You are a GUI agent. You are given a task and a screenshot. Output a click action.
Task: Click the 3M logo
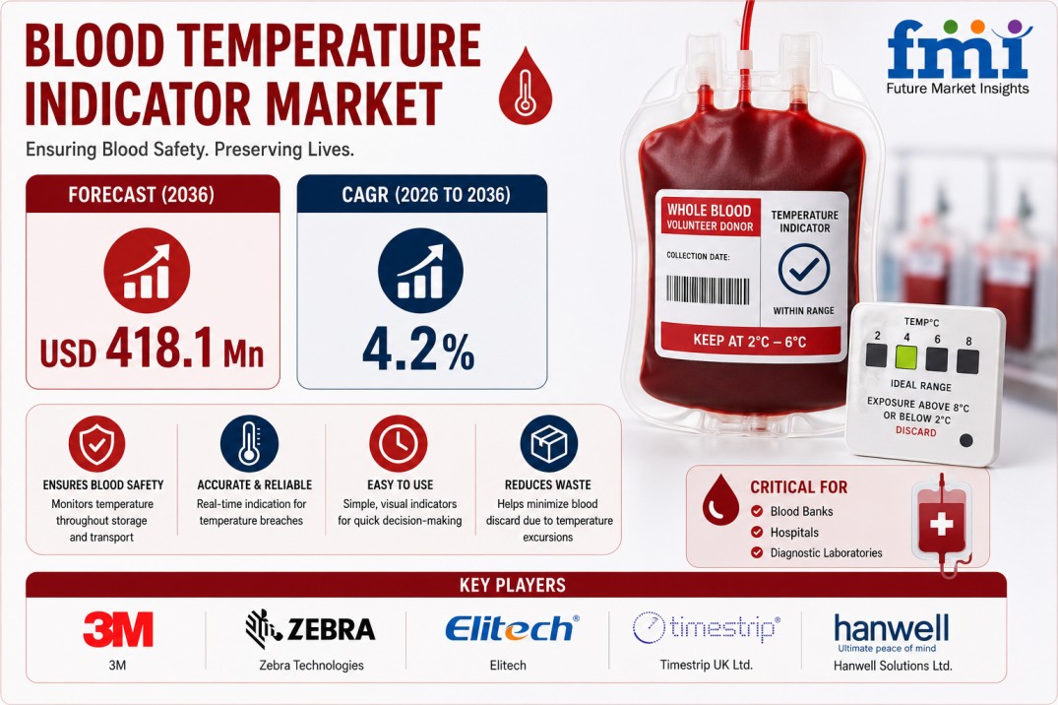118,629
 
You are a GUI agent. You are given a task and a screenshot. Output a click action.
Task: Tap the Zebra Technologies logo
310,629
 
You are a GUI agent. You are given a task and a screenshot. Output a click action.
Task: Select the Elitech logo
512,629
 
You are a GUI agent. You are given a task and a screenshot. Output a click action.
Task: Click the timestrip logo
706,627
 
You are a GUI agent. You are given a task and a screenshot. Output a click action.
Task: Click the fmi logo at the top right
959,57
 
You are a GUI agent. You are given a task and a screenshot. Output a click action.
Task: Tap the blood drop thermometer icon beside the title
525,86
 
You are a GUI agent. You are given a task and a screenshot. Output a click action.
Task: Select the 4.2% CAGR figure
418,350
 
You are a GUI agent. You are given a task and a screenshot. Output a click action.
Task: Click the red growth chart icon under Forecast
147,271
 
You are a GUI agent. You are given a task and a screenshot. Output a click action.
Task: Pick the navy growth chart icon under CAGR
420,270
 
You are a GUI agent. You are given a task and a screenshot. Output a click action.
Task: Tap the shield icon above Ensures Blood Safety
97,443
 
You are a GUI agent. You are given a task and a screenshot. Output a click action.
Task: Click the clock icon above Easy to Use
398,444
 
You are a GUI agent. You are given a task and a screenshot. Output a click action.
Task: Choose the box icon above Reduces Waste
548,444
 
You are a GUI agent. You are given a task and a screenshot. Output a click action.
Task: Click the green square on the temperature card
905,357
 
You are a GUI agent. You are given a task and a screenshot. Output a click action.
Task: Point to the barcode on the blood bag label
708,290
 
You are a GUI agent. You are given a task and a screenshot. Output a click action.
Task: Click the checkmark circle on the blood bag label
804,269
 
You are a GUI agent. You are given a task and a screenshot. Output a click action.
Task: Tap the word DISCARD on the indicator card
915,431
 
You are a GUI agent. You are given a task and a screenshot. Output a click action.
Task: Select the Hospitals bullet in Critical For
785,532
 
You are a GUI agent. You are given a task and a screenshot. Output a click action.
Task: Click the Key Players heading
513,585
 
